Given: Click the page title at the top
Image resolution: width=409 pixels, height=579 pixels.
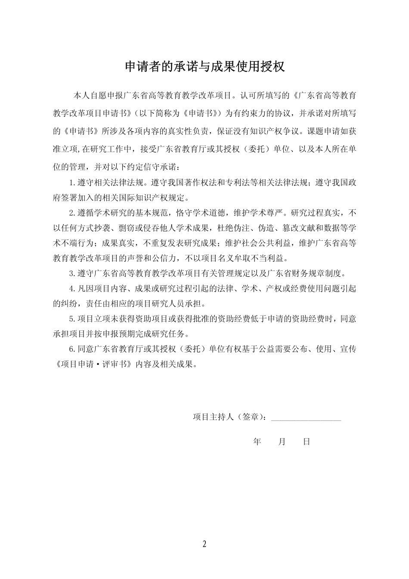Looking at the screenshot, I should [204, 67].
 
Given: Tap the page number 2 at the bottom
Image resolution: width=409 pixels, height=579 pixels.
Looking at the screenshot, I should [204, 544].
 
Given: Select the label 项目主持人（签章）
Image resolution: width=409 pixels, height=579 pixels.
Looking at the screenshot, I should [230, 417].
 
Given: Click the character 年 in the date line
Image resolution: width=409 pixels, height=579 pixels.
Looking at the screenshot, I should [257, 442].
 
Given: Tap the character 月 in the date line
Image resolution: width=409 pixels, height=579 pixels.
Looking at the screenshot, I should [282, 442].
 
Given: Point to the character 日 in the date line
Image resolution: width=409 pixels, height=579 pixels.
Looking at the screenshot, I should [307, 442].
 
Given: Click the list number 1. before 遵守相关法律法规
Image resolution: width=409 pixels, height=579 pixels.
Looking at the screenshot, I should [72, 182].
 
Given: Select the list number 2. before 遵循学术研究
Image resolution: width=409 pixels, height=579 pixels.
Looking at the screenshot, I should [72, 213].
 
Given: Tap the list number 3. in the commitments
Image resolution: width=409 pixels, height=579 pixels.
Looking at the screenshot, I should [72, 273].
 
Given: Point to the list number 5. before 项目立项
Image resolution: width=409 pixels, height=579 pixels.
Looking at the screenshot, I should [72, 319].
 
